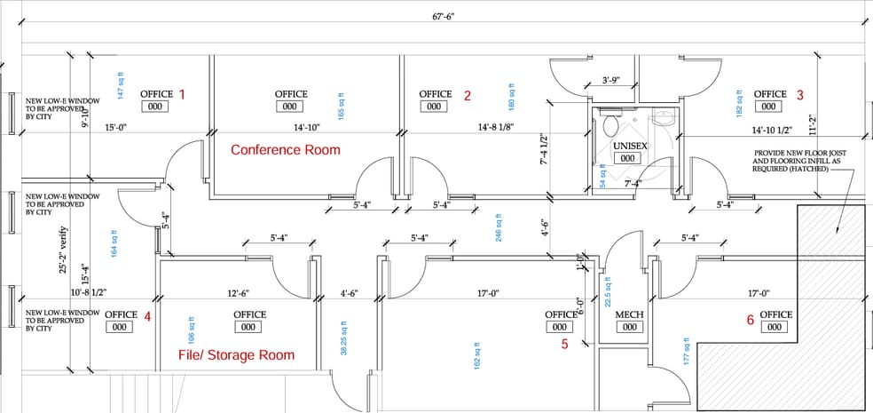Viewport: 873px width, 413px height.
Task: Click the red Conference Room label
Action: pos(285,150)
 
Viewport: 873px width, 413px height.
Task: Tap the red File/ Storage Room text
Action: pos(236,355)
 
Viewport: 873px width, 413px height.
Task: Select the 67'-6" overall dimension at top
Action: pos(444,17)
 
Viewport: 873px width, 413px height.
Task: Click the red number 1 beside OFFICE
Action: pos(183,93)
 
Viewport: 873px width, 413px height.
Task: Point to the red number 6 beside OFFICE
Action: pos(750,320)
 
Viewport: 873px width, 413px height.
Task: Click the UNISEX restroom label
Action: pos(628,145)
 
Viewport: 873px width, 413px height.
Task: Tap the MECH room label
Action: pos(629,314)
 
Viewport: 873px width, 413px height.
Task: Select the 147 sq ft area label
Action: pos(120,84)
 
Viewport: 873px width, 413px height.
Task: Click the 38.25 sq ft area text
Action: pos(344,338)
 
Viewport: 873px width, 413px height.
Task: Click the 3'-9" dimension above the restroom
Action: pos(610,80)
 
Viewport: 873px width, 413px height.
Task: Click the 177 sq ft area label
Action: pos(686,350)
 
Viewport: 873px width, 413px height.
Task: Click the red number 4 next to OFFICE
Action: pos(147,314)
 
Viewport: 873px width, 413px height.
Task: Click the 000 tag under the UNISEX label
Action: pos(627,158)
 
